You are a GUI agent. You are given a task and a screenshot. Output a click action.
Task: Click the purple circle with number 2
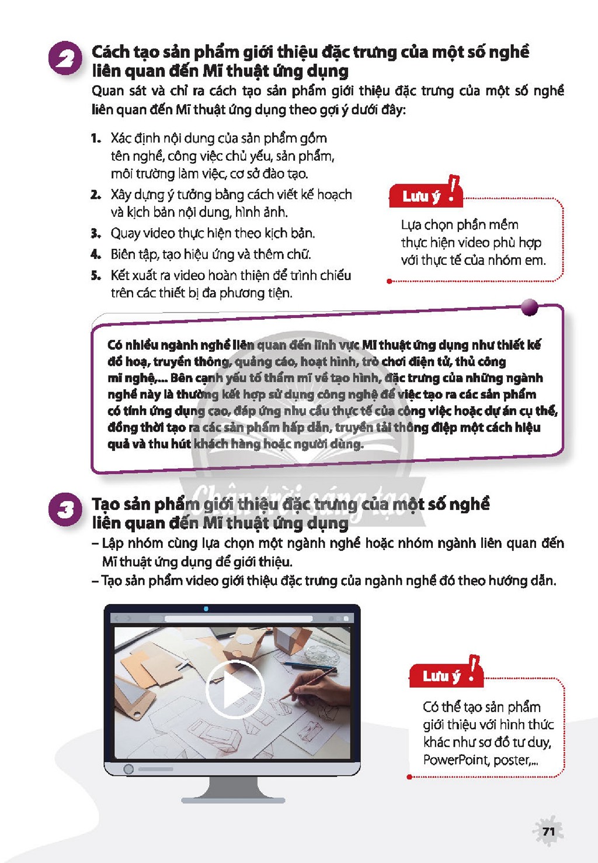click(65, 58)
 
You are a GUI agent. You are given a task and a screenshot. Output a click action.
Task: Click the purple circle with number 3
click(65, 509)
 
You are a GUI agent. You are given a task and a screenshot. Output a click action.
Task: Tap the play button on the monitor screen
click(235, 689)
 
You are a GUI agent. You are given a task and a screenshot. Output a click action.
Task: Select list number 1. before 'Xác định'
click(96, 139)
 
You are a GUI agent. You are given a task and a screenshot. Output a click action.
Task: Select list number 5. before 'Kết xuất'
click(96, 276)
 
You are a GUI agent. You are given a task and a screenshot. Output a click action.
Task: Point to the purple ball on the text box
click(530, 307)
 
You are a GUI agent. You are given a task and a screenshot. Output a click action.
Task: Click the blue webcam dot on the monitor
click(206, 609)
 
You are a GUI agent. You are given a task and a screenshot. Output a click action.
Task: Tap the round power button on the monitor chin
click(128, 769)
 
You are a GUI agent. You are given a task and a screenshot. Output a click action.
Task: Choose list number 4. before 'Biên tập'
click(96, 255)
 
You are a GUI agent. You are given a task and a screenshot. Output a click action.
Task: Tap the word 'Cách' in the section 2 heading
click(111, 52)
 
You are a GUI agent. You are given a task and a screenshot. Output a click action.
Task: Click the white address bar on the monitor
click(239, 619)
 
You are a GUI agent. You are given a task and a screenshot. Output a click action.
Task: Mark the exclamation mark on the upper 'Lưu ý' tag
click(454, 189)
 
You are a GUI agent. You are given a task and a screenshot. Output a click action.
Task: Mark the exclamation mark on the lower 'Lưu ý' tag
click(473, 669)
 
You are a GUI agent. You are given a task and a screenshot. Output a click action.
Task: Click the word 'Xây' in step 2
click(121, 195)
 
